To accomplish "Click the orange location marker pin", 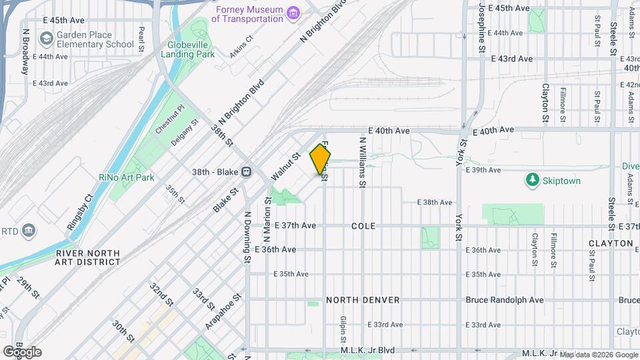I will click(321, 160).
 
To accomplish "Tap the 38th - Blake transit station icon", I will click(246, 171).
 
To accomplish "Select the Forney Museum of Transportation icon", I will click(293, 13).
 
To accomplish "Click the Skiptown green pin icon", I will click(532, 181).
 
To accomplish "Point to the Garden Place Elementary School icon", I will click(46, 39).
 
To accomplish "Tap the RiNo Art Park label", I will click(126, 177).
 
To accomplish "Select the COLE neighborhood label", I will click(363, 227).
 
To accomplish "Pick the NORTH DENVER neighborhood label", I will click(363, 300).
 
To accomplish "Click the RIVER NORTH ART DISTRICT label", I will click(88, 258).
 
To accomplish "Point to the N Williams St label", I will click(363, 161).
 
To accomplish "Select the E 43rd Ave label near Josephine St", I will click(511, 59).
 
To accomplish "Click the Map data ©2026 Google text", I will click(598, 354).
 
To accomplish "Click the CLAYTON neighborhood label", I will click(610, 243).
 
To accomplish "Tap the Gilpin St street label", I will click(342, 332).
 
